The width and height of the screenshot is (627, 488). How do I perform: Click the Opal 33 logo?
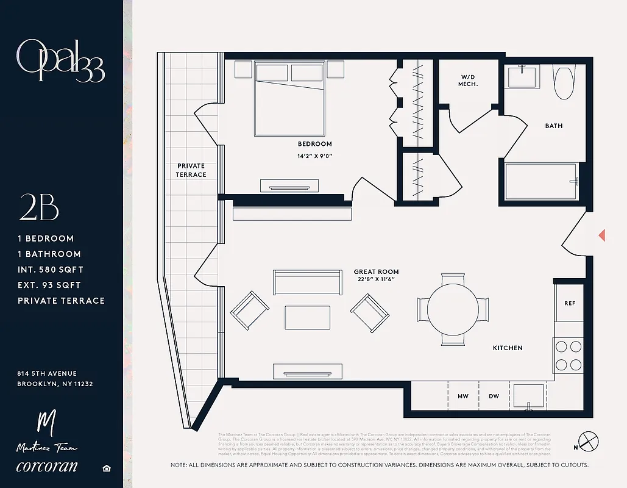(60, 61)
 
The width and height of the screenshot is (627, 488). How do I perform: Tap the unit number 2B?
(38, 209)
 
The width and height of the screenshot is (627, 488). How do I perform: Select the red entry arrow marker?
(602, 235)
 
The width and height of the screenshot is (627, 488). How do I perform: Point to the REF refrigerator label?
(570, 303)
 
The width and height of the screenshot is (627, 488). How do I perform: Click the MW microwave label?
(463, 396)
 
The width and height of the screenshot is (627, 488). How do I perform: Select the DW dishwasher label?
(494, 396)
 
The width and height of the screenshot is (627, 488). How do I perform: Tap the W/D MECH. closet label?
(468, 80)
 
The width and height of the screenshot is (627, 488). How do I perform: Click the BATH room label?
(554, 126)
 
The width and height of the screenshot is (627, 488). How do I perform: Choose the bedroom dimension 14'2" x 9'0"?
(314, 156)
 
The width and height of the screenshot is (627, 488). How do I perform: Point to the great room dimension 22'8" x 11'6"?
(376, 279)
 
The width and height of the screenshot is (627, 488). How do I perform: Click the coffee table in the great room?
(308, 318)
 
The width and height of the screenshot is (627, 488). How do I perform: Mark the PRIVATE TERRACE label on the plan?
(191, 170)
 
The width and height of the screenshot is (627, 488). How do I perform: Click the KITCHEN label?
(508, 348)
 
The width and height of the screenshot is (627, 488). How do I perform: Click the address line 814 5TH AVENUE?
(48, 373)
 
